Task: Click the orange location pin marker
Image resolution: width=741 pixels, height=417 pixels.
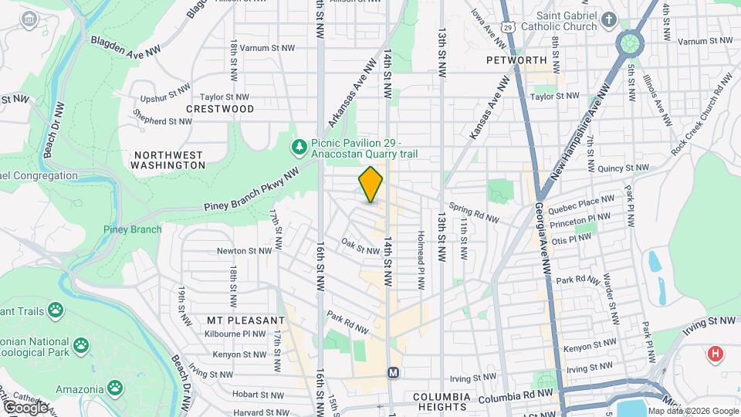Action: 370,185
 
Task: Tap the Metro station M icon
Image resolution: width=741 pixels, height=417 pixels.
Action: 393,372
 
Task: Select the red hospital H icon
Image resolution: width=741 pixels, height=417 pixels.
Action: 716,354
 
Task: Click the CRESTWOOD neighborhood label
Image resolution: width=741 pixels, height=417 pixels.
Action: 220,109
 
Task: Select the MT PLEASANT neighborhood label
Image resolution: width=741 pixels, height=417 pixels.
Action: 236,320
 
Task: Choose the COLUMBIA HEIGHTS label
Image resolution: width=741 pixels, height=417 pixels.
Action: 440,402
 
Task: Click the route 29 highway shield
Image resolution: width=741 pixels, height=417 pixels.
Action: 507,27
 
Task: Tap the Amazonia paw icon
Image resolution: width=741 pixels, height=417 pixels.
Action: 114,386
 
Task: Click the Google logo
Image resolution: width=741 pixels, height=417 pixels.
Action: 25,407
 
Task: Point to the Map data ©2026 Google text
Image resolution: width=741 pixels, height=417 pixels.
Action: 692,411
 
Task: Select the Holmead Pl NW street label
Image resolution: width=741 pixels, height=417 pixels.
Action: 421,260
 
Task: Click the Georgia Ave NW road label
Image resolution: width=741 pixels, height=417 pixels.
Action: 543,239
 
